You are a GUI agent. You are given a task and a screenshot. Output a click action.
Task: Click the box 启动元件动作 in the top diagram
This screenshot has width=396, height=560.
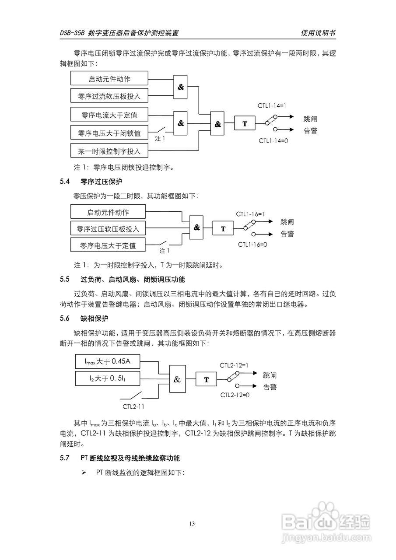pos(109,79)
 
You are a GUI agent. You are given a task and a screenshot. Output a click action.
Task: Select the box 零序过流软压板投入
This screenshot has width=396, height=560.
pos(109,96)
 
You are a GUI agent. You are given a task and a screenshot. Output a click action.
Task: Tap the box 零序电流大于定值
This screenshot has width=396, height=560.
pos(109,115)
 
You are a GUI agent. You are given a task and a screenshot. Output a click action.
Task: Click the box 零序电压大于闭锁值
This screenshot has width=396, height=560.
pos(109,133)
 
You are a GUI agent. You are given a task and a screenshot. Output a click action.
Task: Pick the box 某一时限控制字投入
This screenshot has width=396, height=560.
pos(109,151)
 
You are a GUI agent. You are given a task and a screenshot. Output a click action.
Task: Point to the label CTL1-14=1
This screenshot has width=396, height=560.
pos(271,106)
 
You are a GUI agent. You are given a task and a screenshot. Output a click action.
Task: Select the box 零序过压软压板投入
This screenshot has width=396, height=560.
pos(108,229)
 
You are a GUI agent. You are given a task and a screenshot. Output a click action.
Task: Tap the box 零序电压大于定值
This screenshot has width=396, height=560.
pos(108,245)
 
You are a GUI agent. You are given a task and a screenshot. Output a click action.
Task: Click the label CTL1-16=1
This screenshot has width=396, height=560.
pos(251,214)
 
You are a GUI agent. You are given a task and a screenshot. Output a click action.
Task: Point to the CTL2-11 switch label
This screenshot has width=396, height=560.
pos(133,406)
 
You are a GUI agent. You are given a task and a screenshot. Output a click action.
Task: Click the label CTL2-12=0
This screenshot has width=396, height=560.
pos(235,395)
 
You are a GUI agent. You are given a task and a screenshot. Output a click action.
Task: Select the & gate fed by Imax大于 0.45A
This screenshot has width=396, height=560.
pos(177,379)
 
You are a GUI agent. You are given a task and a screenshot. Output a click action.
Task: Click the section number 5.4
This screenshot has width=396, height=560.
pos(65,181)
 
